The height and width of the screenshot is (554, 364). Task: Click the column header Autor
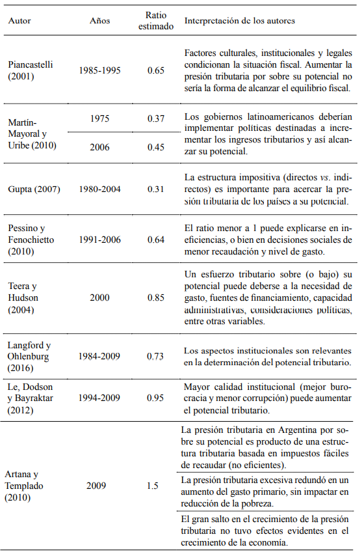tap(19, 21)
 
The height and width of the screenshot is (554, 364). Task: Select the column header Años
tap(99, 21)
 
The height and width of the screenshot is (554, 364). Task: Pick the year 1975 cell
tap(99, 118)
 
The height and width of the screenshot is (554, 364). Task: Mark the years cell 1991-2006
tap(99, 240)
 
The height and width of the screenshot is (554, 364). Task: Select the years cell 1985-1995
tap(99, 69)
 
